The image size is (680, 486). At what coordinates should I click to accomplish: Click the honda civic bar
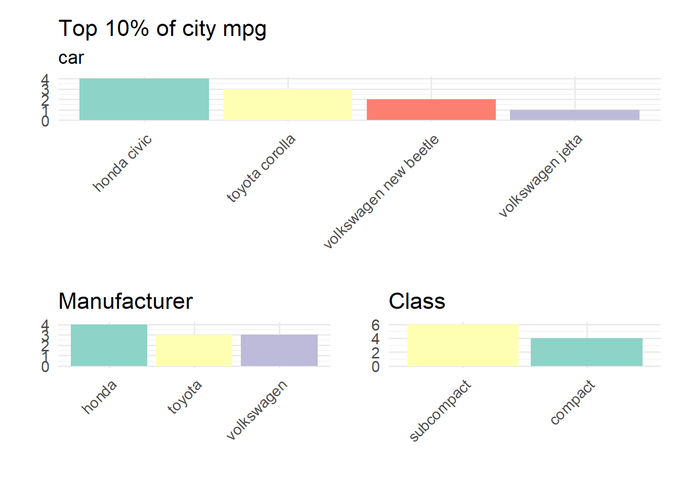coord(144,99)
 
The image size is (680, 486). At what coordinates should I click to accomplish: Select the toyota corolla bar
coord(287,104)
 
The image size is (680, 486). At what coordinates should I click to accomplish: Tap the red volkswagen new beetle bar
coord(431,109)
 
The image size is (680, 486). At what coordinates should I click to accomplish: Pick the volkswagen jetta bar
coord(575,115)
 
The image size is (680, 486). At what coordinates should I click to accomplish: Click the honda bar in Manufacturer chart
coord(109,345)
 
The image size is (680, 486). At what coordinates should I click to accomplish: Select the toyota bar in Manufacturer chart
coord(194,350)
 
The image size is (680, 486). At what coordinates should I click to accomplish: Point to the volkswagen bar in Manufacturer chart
coord(279,350)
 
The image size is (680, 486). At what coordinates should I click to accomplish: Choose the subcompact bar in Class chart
coord(463,345)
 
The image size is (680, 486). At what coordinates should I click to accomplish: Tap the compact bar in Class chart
coord(586,352)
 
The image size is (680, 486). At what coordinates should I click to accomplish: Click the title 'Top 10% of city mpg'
coord(162,29)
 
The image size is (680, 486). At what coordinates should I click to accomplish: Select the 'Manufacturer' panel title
coord(125,301)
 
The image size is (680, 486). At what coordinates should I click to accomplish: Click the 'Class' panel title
coord(417,301)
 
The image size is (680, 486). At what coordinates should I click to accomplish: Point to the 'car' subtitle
coord(71,58)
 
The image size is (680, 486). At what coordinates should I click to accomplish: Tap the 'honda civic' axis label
coord(122,163)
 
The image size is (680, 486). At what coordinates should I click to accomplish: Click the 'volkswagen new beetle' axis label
coord(381,192)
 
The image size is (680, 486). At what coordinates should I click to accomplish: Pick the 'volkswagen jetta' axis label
coord(540,176)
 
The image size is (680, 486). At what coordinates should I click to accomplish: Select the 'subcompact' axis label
coord(440,411)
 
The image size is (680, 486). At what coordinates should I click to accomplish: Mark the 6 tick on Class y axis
coord(375,325)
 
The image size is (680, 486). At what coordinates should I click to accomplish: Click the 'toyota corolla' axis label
coord(261,168)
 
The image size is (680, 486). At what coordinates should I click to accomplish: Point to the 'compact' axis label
coord(573,402)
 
